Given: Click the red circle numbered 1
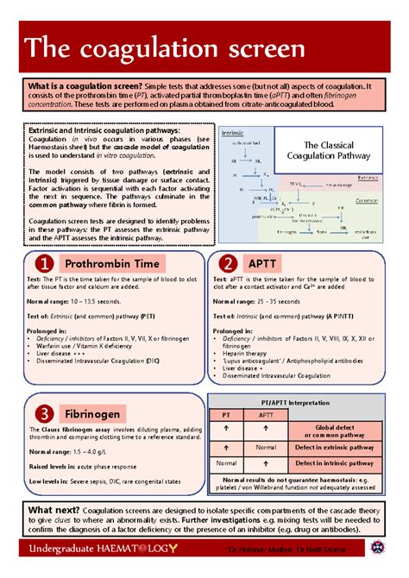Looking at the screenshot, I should (x=43, y=262).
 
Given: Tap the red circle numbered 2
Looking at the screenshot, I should (x=229, y=262).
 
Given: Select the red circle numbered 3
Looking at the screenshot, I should (x=43, y=413).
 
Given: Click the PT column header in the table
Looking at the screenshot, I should (x=226, y=415).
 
